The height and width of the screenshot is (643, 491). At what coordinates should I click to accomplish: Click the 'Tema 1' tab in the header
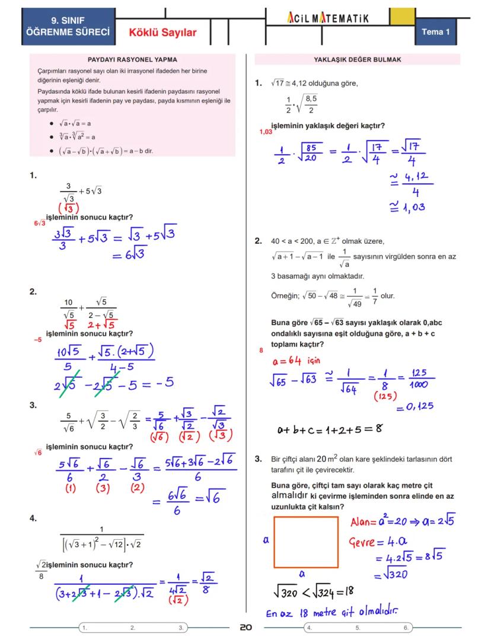pos(436,31)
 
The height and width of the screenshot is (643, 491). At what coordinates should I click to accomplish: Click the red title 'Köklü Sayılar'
pos(162,33)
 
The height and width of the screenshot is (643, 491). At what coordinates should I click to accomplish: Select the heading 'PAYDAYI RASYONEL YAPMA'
pos(132,60)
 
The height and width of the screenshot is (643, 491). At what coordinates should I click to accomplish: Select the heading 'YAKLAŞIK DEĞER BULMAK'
pos(358,60)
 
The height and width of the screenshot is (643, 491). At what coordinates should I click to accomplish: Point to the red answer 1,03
pos(265,132)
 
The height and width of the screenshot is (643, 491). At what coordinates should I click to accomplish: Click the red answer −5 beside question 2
pos(38,340)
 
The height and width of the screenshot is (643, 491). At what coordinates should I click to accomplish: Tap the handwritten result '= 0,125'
pos(415,407)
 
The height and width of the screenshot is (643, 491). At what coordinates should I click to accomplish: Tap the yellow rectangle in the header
pos(402,17)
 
